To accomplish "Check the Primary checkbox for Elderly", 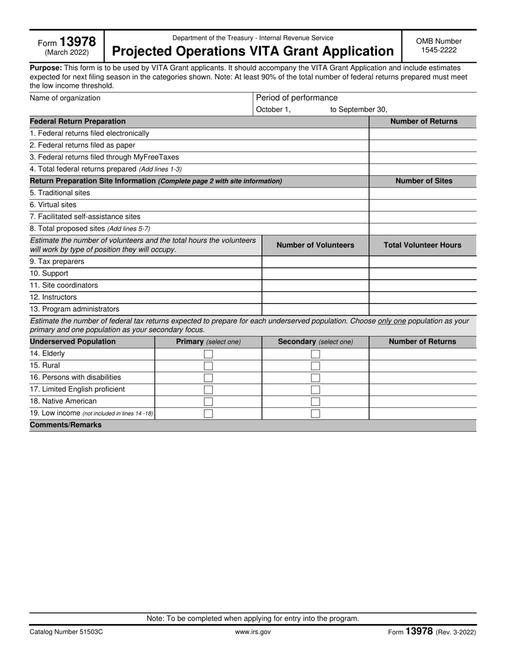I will [208, 354].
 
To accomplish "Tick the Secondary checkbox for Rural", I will [315, 366].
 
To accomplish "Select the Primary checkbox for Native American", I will [208, 402].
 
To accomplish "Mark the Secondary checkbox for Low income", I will [315, 413].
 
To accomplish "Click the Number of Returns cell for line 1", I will [422, 133].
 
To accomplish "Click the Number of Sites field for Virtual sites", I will [422, 204].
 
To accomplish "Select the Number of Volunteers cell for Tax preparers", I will [315, 261].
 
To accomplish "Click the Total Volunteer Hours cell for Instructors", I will [422, 297].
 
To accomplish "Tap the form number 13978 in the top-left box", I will [78, 42].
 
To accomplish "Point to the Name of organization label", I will [65, 98].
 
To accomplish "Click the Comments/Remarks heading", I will [66, 425].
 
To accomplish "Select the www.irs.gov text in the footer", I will [252, 632].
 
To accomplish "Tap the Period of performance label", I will [297, 97].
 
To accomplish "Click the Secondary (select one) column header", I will [315, 342].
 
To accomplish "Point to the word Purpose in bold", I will [46, 68].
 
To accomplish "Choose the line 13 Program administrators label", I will [75, 309].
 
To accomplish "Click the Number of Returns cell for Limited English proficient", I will [422, 389].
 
